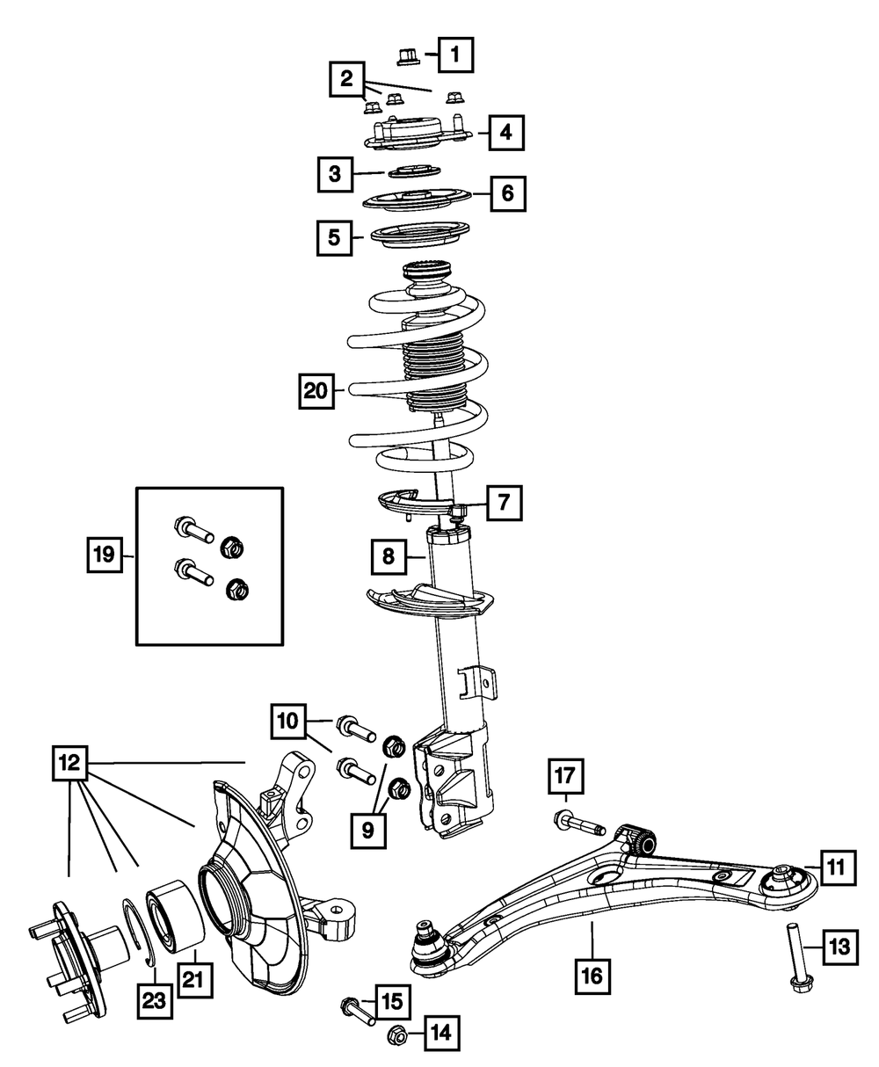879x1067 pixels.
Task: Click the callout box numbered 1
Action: coord(455,55)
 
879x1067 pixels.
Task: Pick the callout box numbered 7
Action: coord(503,504)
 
